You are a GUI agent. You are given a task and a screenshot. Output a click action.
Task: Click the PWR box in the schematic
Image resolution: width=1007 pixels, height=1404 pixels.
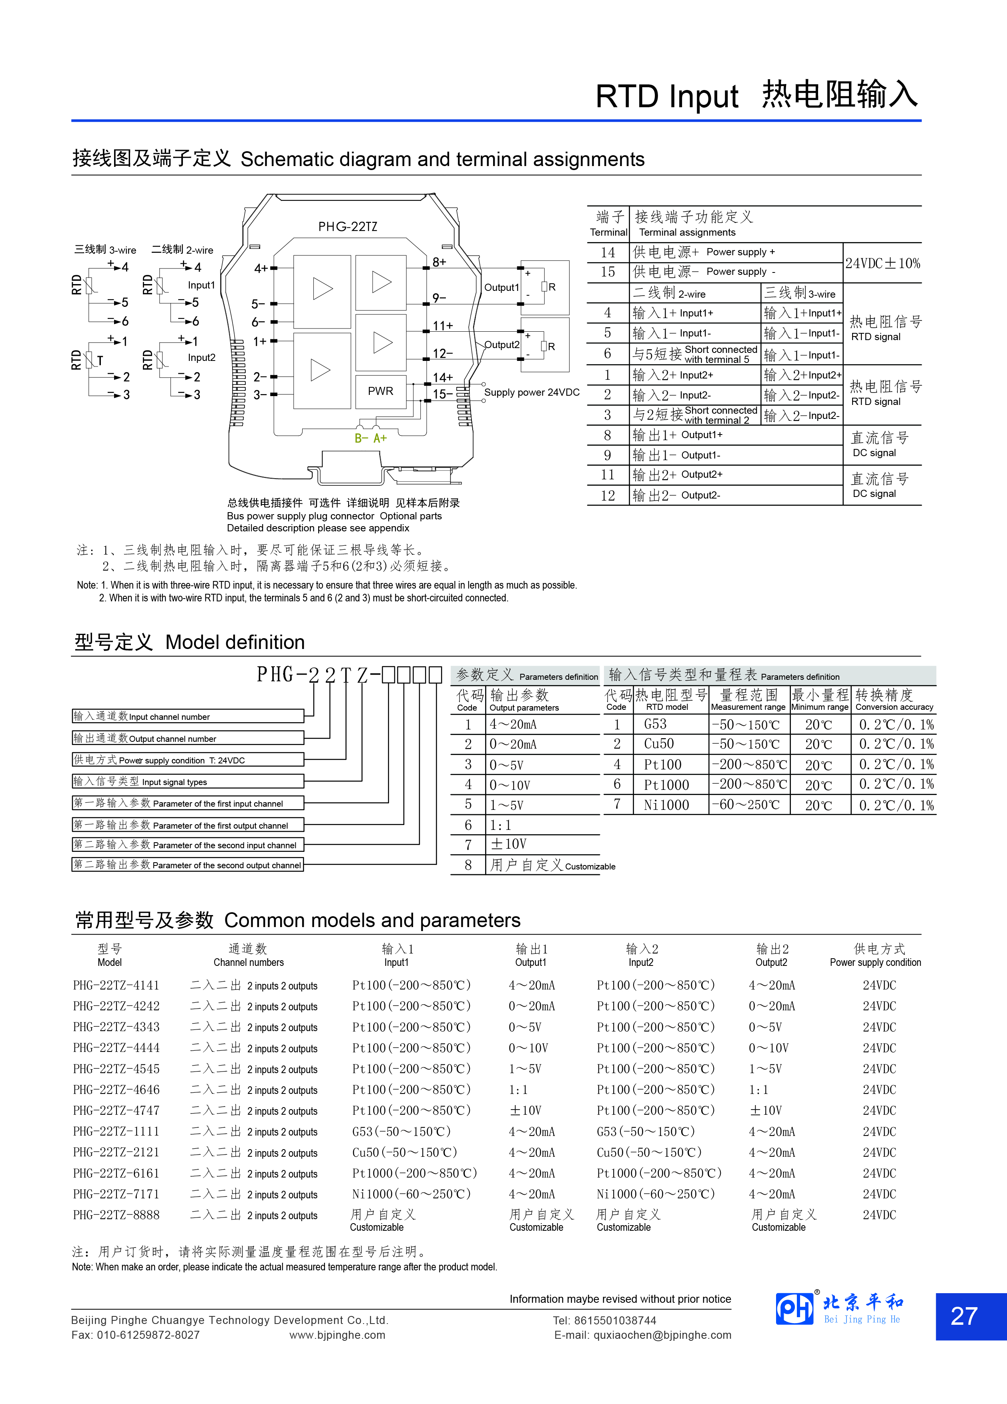point(380,391)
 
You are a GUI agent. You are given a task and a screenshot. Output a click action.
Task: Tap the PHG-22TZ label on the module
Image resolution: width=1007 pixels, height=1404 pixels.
point(347,226)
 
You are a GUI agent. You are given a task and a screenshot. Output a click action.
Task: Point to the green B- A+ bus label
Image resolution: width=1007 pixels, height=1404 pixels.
point(370,438)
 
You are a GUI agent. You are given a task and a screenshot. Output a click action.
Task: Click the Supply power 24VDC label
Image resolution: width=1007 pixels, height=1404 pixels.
point(532,393)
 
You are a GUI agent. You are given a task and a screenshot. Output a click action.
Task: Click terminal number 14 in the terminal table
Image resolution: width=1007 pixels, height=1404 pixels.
point(608,252)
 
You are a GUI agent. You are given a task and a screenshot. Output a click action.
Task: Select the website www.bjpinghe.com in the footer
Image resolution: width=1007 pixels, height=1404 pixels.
point(337,1335)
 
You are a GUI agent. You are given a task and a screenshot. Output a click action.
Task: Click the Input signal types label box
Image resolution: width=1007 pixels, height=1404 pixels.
point(188,781)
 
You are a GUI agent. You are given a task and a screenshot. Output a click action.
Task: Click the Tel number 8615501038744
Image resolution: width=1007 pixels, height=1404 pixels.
point(604,1320)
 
